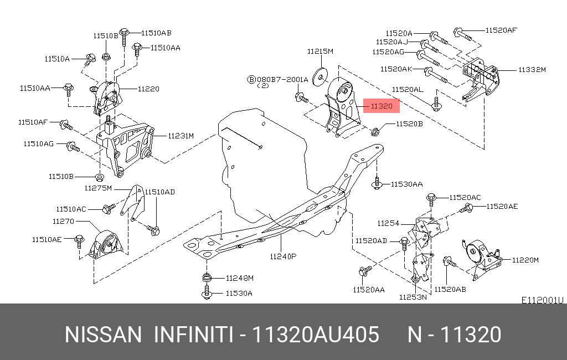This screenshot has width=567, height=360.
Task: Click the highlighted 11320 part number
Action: (x=382, y=106)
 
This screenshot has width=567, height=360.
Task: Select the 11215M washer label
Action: (x=321, y=52)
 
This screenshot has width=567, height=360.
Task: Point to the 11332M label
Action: (x=532, y=70)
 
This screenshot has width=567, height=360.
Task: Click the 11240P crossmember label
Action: (x=283, y=256)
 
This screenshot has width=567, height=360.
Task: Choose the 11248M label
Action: (x=239, y=277)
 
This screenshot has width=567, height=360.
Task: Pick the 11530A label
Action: (x=239, y=294)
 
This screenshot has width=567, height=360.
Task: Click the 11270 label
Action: (x=63, y=221)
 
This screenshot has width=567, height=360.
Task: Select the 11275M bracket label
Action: (x=98, y=188)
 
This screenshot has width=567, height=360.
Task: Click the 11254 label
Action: (x=388, y=224)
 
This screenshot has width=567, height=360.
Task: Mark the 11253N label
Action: (x=413, y=297)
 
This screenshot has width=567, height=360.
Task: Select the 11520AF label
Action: (x=501, y=30)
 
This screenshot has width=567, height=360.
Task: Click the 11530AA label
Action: (x=407, y=184)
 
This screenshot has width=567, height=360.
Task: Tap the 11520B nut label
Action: (x=409, y=125)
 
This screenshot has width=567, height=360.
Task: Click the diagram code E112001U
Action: (x=542, y=300)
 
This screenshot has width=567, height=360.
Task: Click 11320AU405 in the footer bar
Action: (x=316, y=335)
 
